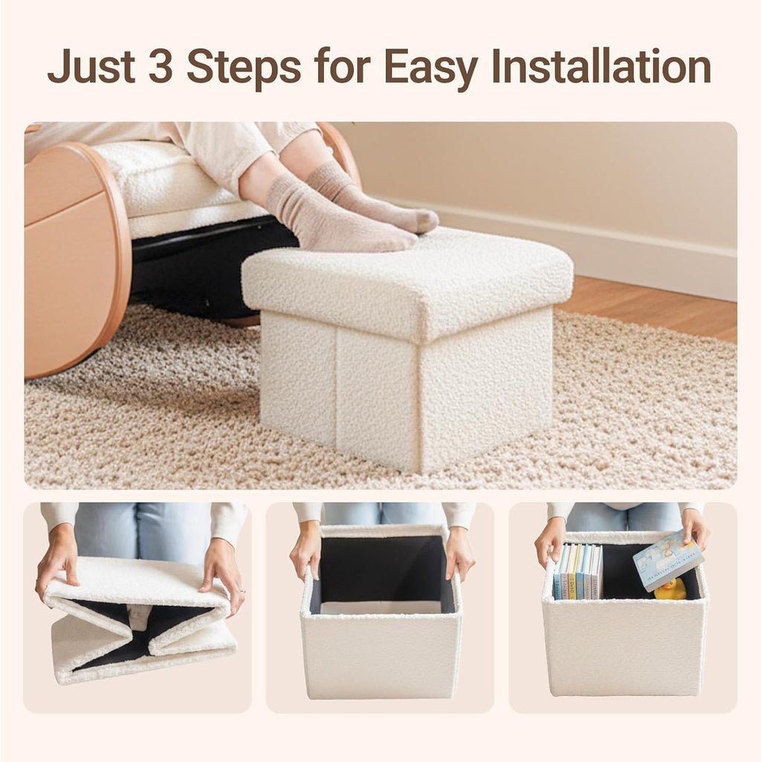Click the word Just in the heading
(x=91, y=66)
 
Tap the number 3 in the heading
(x=161, y=66)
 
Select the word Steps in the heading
(x=244, y=68)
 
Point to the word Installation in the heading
(x=601, y=66)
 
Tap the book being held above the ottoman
(x=668, y=560)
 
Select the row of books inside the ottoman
(x=577, y=571)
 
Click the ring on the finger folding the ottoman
(x=242, y=590)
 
